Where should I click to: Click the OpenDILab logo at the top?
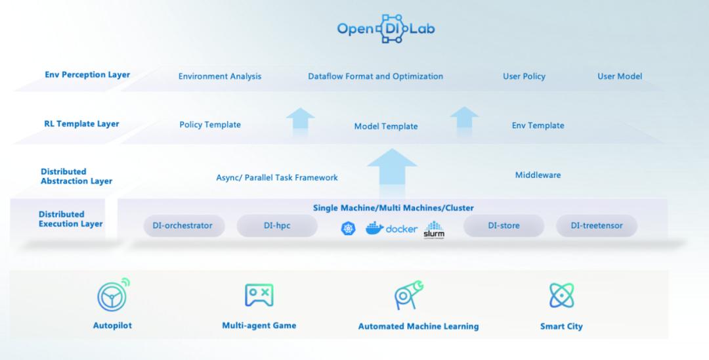tap(385, 29)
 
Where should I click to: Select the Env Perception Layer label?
tap(87, 75)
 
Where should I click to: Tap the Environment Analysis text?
tap(220, 76)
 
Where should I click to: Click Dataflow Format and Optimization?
tap(376, 76)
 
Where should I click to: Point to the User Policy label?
tap(524, 76)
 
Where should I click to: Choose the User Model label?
tap(620, 76)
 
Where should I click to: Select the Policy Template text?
tap(210, 125)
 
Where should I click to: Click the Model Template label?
tap(386, 126)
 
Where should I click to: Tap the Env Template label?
tap(538, 125)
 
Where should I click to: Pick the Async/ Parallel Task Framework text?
tap(277, 177)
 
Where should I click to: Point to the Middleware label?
tap(538, 175)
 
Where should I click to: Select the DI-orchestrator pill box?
tap(183, 226)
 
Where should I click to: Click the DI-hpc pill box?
tap(277, 226)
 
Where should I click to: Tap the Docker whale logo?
tap(375, 229)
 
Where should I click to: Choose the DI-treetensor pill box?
tap(597, 226)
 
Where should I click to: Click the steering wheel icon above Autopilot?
tap(112, 296)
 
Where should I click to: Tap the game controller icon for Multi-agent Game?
tap(259, 296)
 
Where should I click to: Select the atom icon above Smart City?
tap(561, 296)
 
